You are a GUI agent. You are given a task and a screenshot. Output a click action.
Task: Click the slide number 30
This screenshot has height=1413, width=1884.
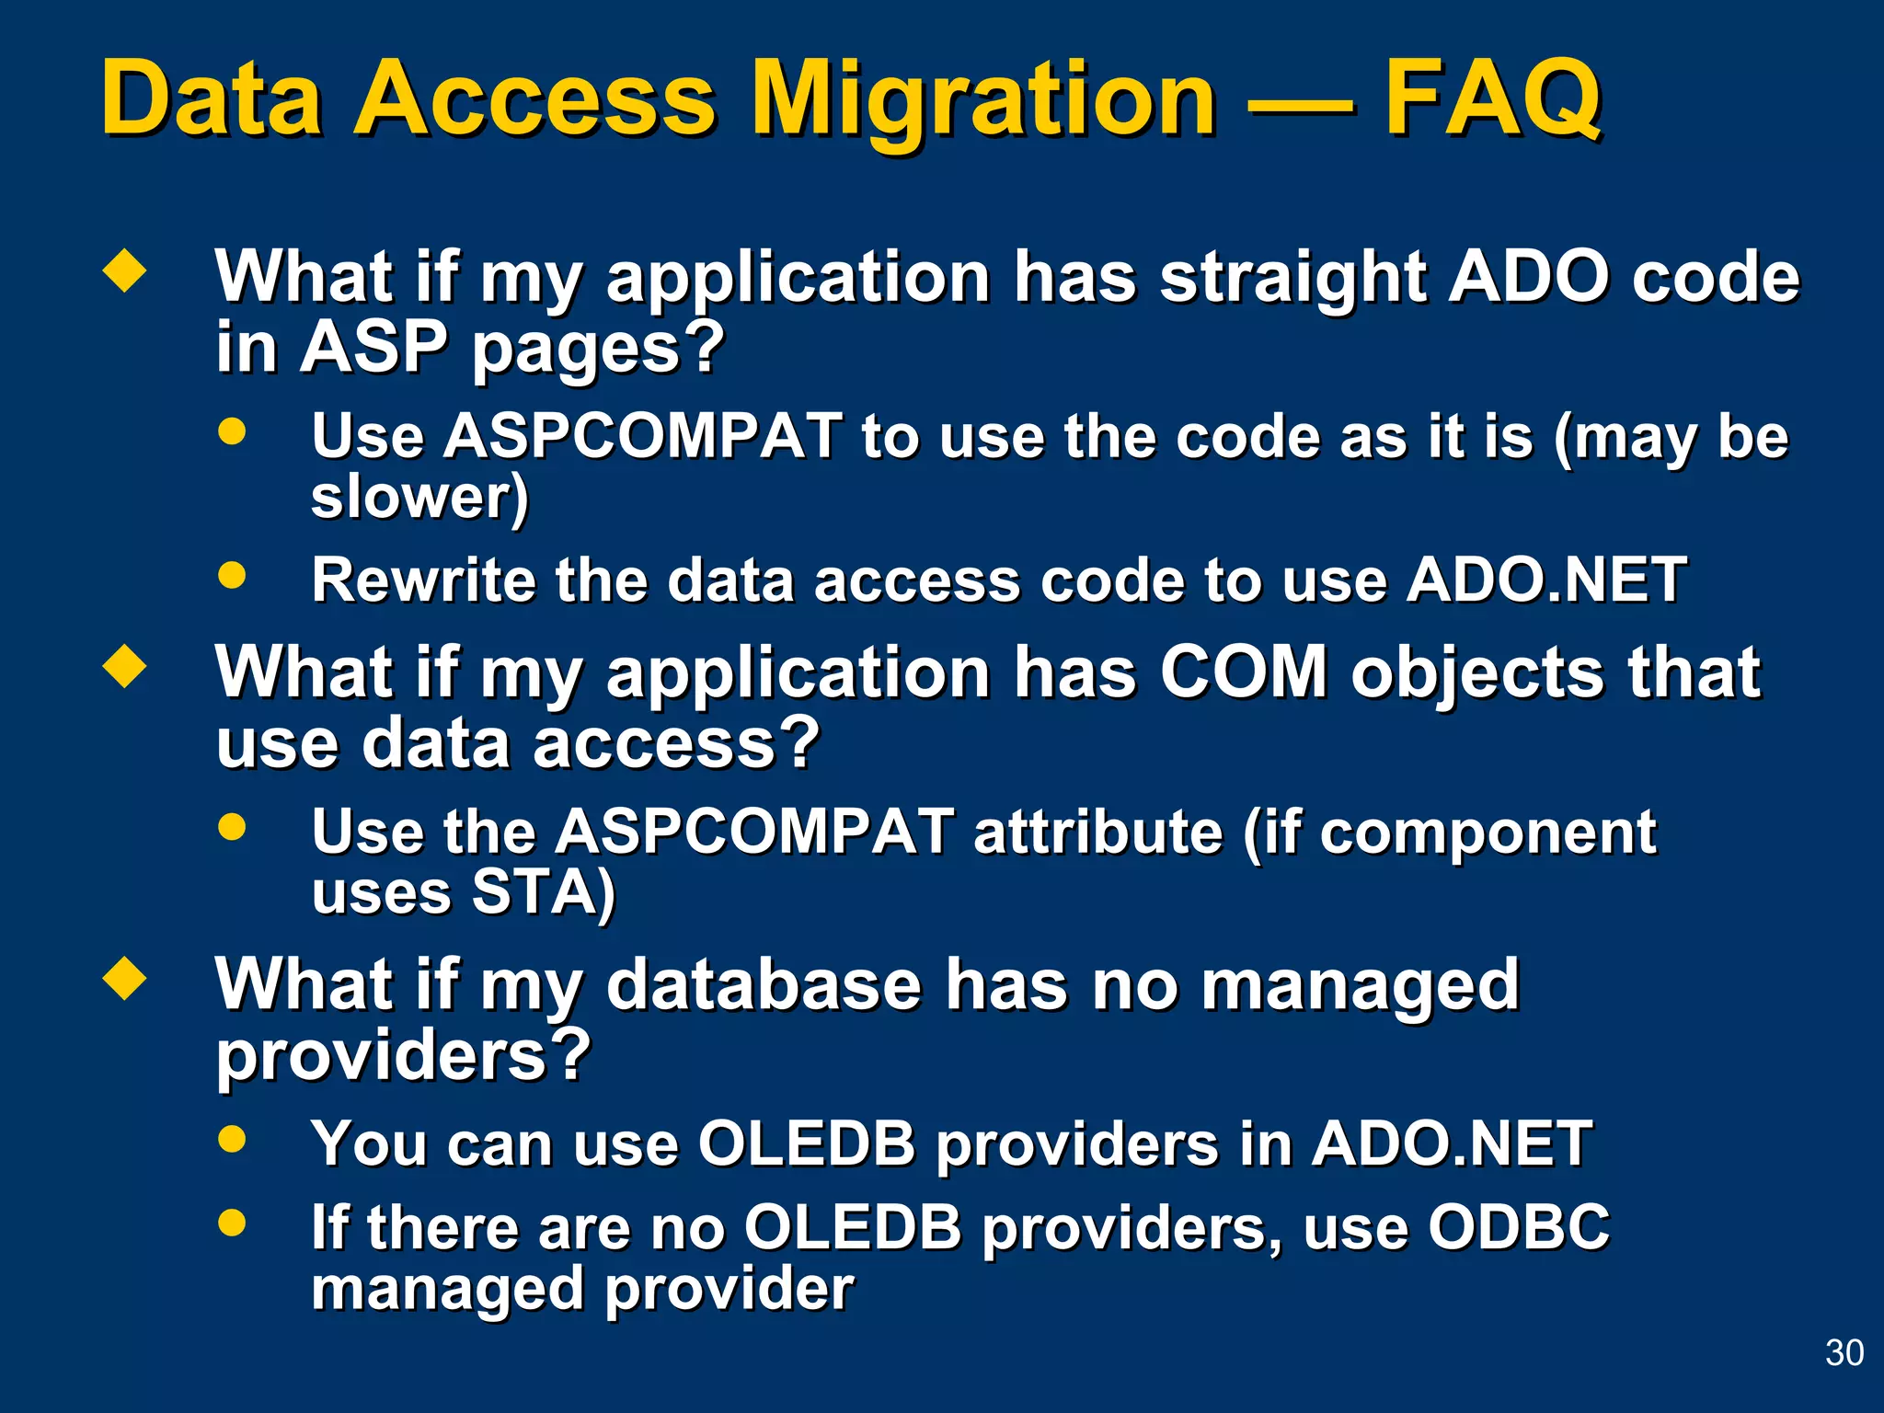point(1844,1353)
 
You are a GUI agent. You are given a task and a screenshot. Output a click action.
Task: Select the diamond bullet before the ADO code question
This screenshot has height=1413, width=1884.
point(125,272)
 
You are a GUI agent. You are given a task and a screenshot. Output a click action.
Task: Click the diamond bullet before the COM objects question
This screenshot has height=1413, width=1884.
point(125,667)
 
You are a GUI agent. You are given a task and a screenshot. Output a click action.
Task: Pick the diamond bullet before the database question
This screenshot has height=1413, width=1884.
point(125,979)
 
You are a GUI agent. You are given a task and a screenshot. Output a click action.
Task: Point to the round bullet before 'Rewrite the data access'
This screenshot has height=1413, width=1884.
point(233,576)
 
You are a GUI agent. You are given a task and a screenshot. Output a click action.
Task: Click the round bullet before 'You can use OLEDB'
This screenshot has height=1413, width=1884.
point(233,1139)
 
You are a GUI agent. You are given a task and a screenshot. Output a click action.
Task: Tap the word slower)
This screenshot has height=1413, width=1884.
point(419,498)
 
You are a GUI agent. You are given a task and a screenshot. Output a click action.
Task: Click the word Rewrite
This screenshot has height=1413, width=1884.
point(422,580)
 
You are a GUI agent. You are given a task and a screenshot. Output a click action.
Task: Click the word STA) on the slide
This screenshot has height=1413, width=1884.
point(543,892)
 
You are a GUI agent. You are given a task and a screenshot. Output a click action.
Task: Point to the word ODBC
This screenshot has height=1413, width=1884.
point(1518,1227)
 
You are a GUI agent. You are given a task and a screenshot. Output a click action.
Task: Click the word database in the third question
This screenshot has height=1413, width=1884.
point(764,984)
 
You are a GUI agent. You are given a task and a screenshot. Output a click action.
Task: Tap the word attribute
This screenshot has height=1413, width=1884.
point(1097,833)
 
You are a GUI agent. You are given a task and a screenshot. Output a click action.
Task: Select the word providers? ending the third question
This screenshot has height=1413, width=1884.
point(403,1055)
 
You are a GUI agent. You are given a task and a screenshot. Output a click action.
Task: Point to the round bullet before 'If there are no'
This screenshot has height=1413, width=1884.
point(233,1223)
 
